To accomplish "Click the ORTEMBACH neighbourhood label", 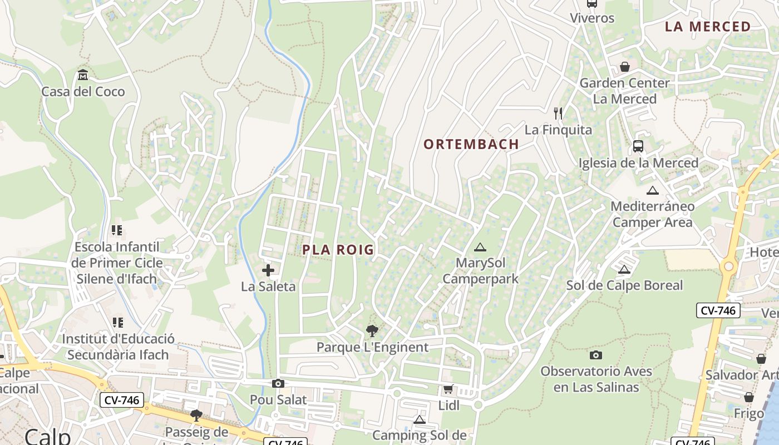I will click(x=471, y=144).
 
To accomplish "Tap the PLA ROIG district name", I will click(x=338, y=250).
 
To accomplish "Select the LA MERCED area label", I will click(x=708, y=27).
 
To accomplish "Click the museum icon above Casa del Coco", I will click(x=83, y=75).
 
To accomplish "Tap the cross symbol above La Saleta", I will click(x=268, y=270).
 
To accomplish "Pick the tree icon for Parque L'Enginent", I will click(x=372, y=331).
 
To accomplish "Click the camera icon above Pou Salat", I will click(x=278, y=383).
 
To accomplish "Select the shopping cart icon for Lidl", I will click(x=448, y=389).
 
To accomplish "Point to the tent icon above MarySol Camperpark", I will click(x=480, y=246).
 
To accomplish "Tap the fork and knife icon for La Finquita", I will click(x=559, y=113).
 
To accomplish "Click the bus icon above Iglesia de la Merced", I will click(x=638, y=146).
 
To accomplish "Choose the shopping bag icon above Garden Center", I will click(x=625, y=67).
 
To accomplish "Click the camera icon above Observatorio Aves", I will click(x=596, y=354).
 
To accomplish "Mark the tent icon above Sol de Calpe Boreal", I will click(x=624, y=269).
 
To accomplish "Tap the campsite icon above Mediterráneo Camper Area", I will click(x=653, y=190).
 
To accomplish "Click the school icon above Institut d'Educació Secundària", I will click(x=117, y=322).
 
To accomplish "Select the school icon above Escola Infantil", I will click(x=117, y=230).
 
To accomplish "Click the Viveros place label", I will click(x=592, y=18).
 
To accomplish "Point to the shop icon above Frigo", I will click(x=749, y=397).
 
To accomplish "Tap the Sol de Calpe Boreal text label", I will click(x=624, y=285).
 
